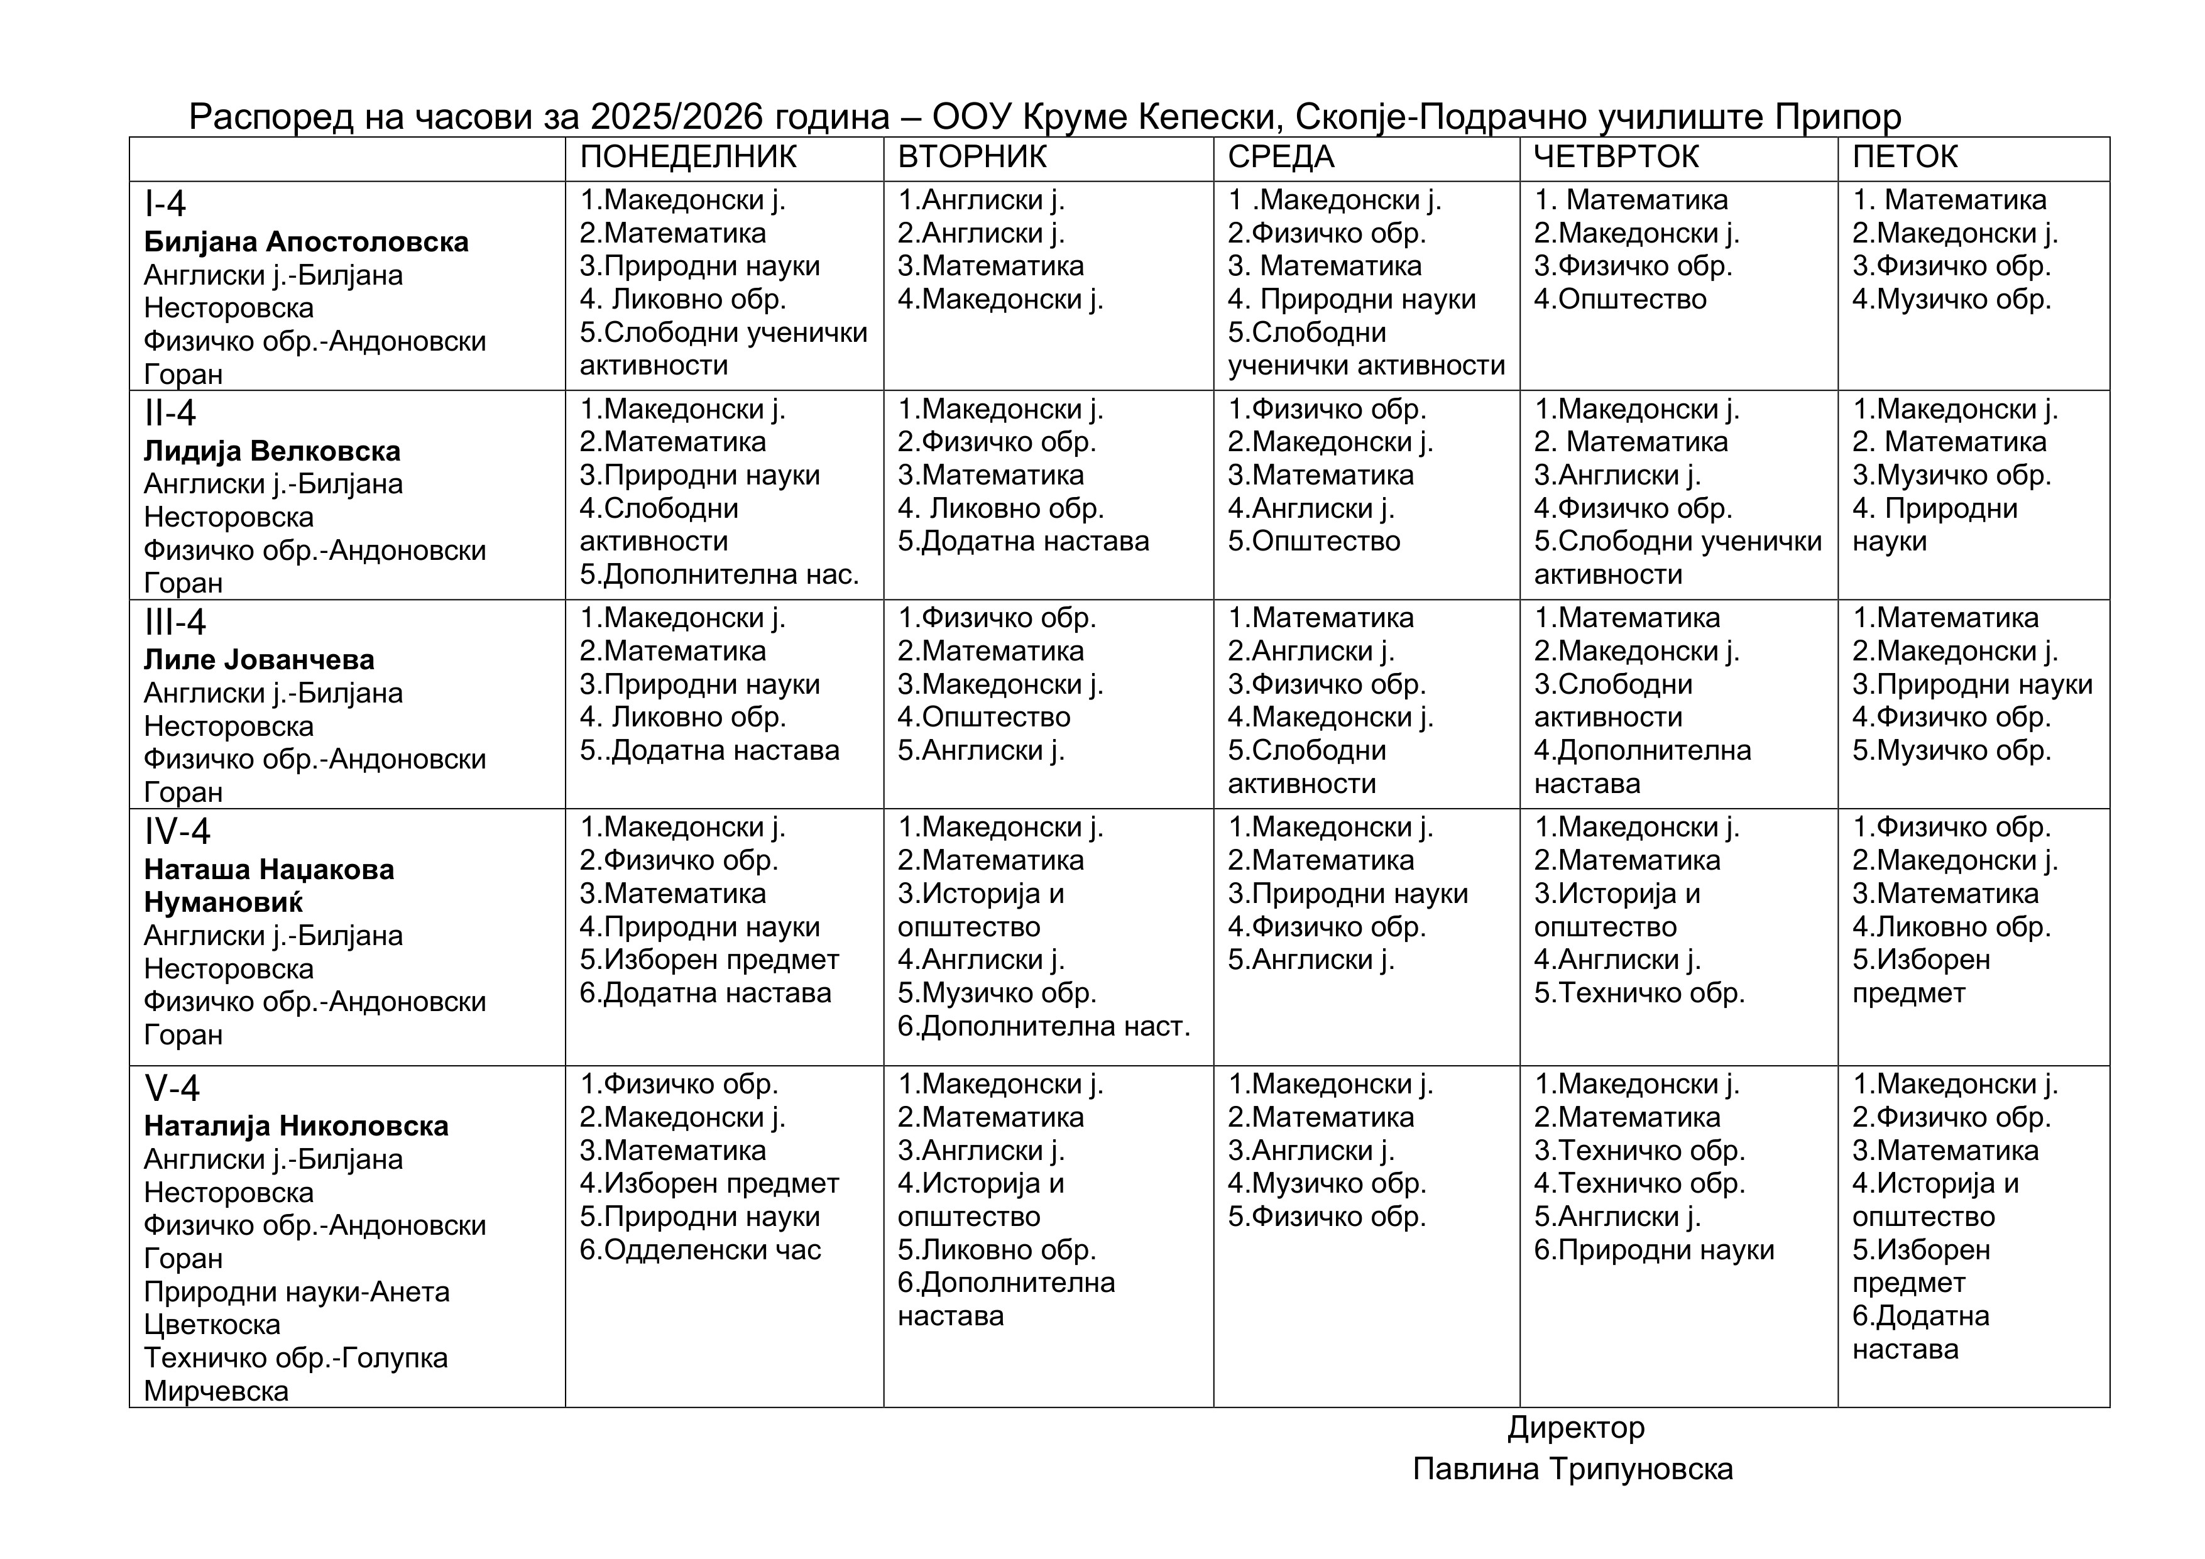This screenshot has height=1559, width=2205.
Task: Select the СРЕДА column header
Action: coord(1281,156)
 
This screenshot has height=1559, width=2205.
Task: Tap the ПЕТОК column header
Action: coord(1905,156)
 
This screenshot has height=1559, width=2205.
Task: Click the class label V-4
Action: coord(172,1088)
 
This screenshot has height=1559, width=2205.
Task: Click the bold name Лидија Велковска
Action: coord(272,451)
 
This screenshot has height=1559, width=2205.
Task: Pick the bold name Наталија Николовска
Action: coord(296,1126)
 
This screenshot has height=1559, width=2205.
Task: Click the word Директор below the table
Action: coord(1576,1428)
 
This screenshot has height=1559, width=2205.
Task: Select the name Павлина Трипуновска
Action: coord(1573,1469)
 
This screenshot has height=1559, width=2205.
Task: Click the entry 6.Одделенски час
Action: coord(700,1250)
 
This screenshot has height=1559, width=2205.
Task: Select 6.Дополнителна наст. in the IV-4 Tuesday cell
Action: coord(1044,1027)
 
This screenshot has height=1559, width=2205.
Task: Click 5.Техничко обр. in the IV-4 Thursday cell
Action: coord(1639,993)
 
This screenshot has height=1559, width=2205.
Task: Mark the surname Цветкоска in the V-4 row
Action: coord(212,1325)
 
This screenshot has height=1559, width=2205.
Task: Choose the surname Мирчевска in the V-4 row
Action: coord(216,1391)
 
